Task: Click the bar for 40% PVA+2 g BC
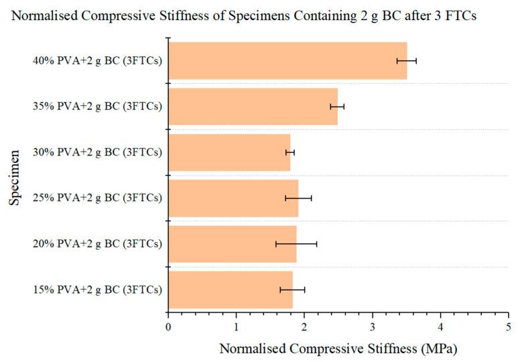coord(287,61)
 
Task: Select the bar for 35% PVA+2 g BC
coord(253,107)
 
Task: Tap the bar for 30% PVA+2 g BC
coord(229,153)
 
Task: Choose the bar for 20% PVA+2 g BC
coord(232,244)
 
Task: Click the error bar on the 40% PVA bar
coord(407,61)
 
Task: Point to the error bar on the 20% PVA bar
coord(296,244)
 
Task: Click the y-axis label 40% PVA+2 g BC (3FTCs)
coord(97,61)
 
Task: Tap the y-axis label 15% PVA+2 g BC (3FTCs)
coord(97,290)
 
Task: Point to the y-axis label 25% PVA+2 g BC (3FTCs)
coord(97,198)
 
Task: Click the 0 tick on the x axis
coord(168,326)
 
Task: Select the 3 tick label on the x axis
coord(373,326)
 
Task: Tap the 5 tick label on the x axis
coord(509,326)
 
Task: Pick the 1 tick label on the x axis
coord(237,326)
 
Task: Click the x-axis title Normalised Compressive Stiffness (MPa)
coord(338,349)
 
